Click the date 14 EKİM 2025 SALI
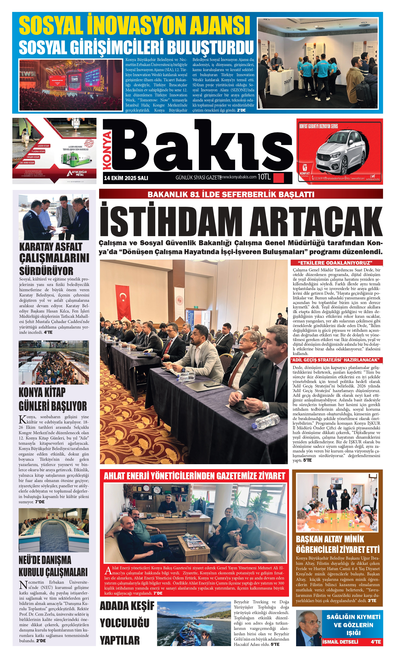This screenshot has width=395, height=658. (x=126, y=178)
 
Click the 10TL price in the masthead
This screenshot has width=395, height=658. (x=264, y=177)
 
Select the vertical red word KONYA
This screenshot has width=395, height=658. (x=107, y=150)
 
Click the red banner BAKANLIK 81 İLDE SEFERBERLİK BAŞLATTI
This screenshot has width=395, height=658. (x=231, y=194)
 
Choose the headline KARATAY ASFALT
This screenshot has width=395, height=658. (x=51, y=247)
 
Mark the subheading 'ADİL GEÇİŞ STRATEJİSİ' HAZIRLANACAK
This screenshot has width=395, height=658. (x=335, y=360)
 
